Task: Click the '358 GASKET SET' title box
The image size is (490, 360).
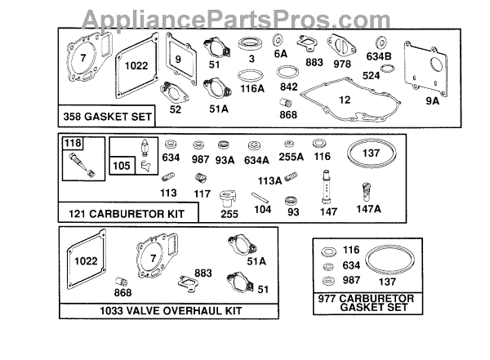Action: [107, 117]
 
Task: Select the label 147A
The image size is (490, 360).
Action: [368, 209]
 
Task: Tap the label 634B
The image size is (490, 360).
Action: [381, 56]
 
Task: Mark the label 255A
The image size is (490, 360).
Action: [291, 158]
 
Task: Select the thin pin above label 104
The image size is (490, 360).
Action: [261, 196]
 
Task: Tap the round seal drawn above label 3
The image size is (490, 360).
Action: [251, 42]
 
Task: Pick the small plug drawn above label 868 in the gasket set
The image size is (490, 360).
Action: [287, 104]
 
